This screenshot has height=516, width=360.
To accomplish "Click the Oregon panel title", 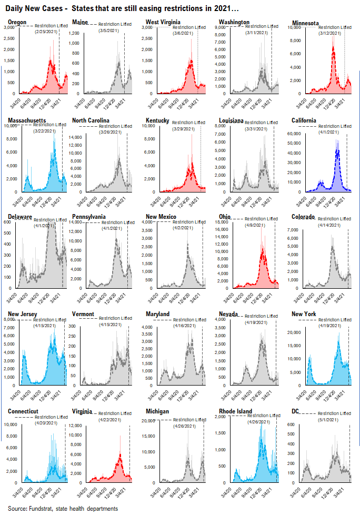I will [x=18, y=23].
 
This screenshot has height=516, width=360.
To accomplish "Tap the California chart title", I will [x=304, y=120].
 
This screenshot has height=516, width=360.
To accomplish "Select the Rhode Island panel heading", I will [x=233, y=411].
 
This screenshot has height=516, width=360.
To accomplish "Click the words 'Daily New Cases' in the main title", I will [x=30, y=9].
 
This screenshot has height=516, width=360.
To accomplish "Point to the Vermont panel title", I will [x=83, y=314].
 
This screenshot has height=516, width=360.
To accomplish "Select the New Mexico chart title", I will [x=162, y=217].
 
